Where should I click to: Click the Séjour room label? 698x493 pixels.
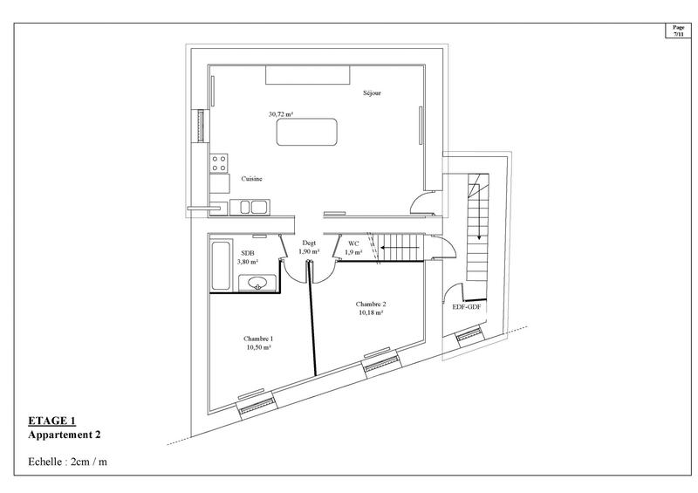(373, 92)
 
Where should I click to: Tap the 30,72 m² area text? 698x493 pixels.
(280, 113)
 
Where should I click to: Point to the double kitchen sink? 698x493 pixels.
(253, 207)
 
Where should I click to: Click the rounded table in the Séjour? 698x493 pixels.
(307, 133)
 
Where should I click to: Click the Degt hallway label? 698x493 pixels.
(309, 243)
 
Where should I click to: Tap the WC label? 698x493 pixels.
(353, 243)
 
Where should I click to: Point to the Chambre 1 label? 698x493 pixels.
(258, 339)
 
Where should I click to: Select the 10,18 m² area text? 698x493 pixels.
(370, 312)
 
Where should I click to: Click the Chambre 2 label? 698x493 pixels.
(371, 304)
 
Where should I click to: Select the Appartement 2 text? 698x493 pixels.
(65, 434)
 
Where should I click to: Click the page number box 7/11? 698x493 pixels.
(679, 30)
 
